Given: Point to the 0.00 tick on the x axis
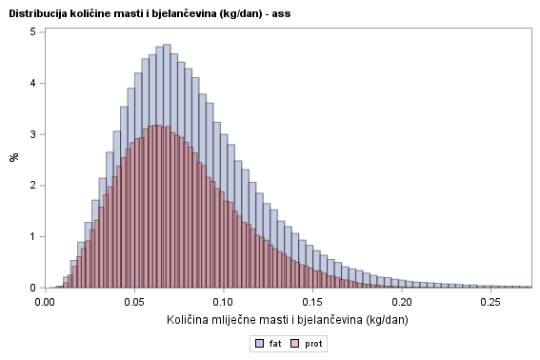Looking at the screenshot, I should click(x=46, y=301).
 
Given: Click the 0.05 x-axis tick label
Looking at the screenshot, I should click(x=134, y=301).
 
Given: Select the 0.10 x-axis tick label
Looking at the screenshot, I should click(x=223, y=301).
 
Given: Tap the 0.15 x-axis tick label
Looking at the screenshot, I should click(x=312, y=301).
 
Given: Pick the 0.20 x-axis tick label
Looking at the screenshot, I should click(x=401, y=301).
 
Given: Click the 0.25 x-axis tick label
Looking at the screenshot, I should click(x=490, y=301).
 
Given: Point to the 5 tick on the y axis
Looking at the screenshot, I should click(x=32, y=31).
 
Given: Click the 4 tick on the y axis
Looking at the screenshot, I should click(x=32, y=83).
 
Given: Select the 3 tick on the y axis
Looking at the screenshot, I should click(x=32, y=134).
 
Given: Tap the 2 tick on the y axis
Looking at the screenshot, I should click(x=32, y=186).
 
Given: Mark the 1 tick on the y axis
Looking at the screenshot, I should click(x=32, y=236).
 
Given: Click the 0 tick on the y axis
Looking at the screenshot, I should click(x=32, y=288).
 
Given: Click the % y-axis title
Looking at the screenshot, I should click(x=13, y=158).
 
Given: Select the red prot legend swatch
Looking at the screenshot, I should click(x=295, y=342).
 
